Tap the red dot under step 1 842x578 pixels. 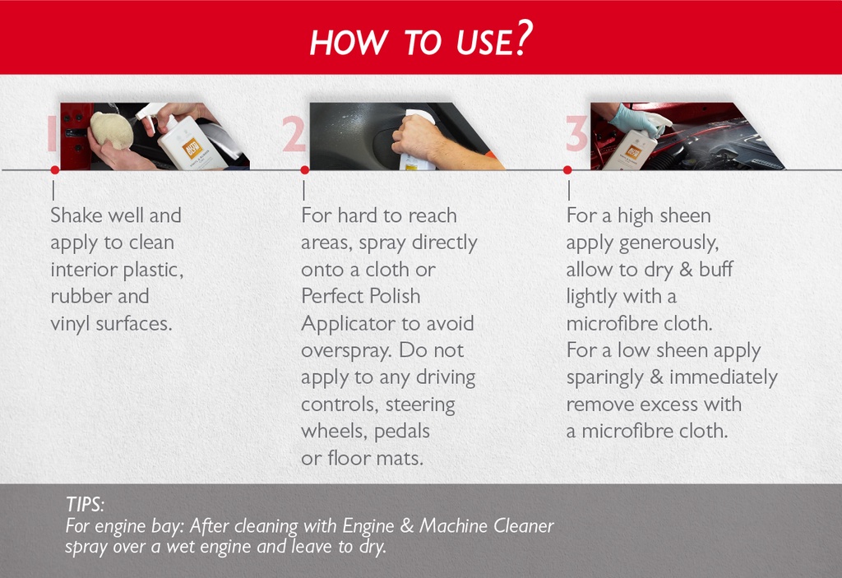[x=54, y=170]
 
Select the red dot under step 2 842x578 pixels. [x=304, y=170]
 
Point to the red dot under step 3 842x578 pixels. [x=567, y=170]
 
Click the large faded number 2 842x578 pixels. [x=294, y=134]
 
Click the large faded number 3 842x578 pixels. [x=576, y=134]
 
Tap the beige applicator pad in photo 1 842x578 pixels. [x=111, y=130]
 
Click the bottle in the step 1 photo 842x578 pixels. [x=192, y=145]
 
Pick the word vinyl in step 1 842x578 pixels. [x=70, y=323]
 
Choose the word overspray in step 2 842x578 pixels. [x=347, y=350]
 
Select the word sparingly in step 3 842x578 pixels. [x=605, y=377]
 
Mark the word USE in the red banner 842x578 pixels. [x=479, y=43]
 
